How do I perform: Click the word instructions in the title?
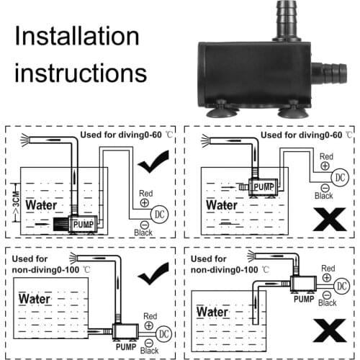coord(81,73)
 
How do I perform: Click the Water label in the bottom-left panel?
coord(35,298)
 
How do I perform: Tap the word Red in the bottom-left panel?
coord(150,316)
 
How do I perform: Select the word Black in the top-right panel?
coord(325,195)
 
